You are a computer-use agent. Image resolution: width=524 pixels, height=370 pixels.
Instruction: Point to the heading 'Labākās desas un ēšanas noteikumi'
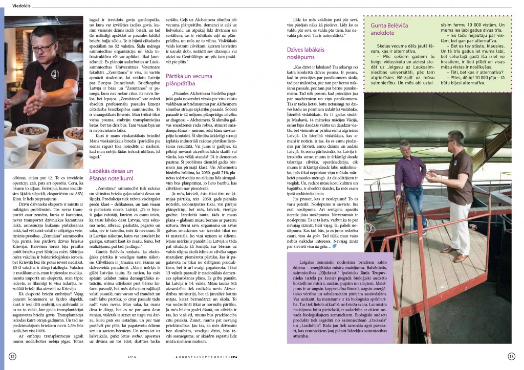[111, 175]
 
